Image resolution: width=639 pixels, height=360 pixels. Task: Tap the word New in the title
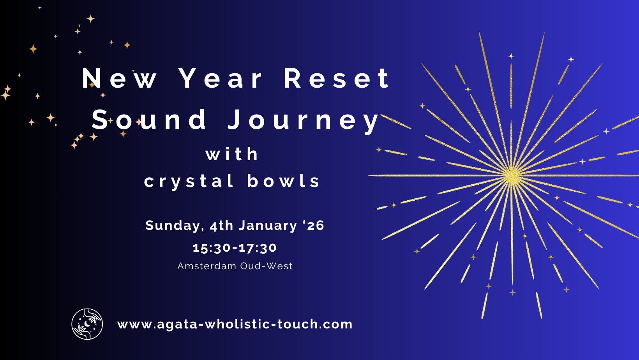tap(120, 78)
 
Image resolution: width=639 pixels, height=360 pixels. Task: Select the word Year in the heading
tap(221, 78)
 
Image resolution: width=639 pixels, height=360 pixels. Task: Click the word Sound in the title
tap(149, 120)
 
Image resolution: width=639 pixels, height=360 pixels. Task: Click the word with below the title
tap(232, 154)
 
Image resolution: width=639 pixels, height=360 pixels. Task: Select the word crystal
tap(189, 182)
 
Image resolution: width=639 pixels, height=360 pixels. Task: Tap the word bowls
tap(284, 181)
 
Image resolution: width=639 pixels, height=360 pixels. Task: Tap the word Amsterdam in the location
tap(207, 266)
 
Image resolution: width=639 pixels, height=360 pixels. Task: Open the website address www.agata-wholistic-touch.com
tap(235, 325)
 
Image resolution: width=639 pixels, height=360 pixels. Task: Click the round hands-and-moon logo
tap(87, 324)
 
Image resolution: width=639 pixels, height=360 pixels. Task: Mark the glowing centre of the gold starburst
tap(512, 176)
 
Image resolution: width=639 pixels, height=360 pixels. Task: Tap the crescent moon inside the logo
tap(87, 323)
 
